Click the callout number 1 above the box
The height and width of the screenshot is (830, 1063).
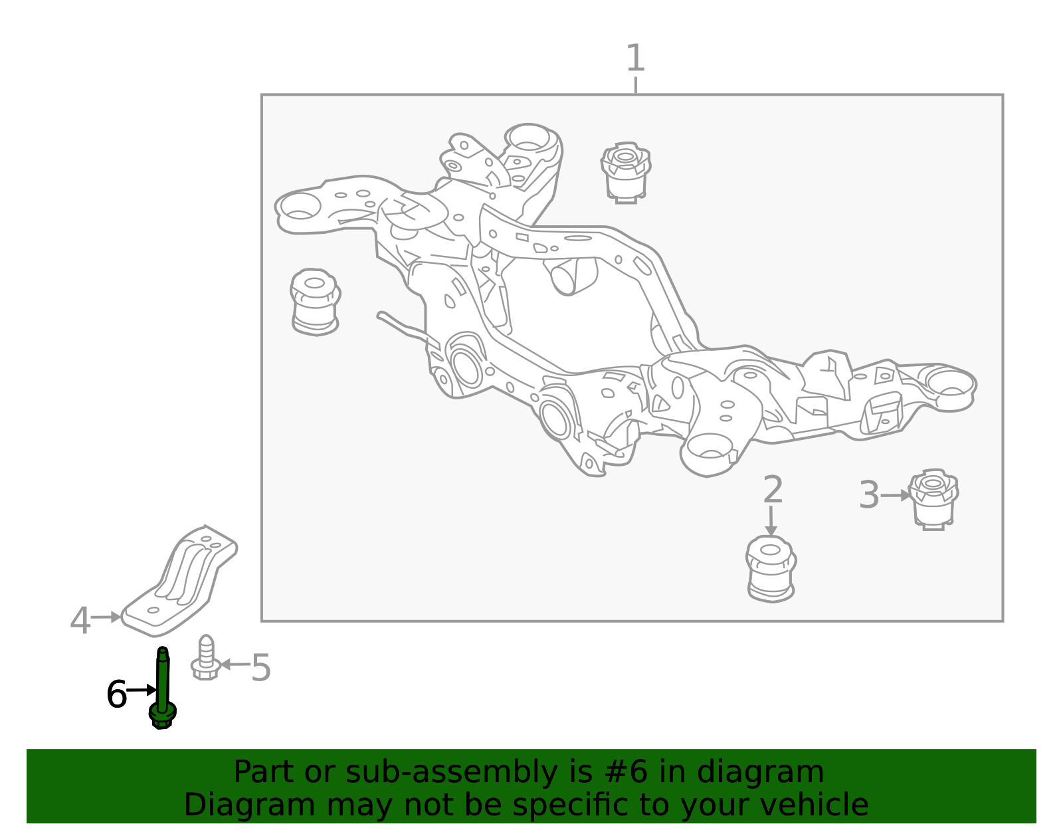[x=635, y=58]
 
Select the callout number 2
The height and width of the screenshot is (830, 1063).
[x=773, y=489]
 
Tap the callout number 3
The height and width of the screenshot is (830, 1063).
[x=869, y=495]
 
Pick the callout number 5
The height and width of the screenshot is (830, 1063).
[x=260, y=668]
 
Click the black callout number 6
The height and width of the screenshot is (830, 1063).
[x=116, y=694]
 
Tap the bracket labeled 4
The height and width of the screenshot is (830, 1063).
[x=179, y=581]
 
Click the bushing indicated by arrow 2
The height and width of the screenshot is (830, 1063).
[x=771, y=569]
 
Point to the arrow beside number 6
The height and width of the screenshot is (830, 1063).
[x=142, y=690]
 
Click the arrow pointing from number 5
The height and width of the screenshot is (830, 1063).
[x=235, y=664]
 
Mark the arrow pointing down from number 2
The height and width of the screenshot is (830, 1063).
[x=771, y=521]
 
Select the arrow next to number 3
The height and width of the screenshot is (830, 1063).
[x=895, y=496]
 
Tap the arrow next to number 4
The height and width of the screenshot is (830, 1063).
[x=106, y=617]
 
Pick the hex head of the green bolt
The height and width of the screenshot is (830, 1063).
[x=162, y=718]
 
